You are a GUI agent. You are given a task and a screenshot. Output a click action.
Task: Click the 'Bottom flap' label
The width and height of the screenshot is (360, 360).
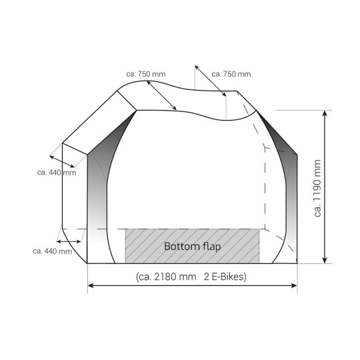click(x=193, y=247)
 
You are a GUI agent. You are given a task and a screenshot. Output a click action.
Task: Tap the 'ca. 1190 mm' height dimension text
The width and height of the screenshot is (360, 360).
click(x=317, y=188)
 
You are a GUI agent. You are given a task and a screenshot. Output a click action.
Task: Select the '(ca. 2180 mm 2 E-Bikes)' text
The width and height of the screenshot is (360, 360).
click(x=191, y=277)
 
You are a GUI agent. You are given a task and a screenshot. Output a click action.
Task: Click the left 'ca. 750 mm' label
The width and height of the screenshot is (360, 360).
click(x=146, y=74)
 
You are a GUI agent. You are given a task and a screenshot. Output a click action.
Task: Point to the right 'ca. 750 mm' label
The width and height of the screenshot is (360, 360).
click(x=231, y=74)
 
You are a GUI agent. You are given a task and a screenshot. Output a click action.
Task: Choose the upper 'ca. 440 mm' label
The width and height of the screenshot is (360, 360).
click(x=57, y=173)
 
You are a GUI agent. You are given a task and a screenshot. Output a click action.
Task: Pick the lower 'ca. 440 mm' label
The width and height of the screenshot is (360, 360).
click(x=53, y=251)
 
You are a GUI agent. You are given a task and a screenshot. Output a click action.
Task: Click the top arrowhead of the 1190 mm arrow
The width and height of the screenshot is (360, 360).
click(x=325, y=113)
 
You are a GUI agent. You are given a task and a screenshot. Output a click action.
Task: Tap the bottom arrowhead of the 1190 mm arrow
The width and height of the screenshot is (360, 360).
click(x=325, y=260)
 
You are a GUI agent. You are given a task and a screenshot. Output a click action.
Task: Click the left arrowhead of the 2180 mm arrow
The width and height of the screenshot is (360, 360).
click(x=91, y=285)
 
